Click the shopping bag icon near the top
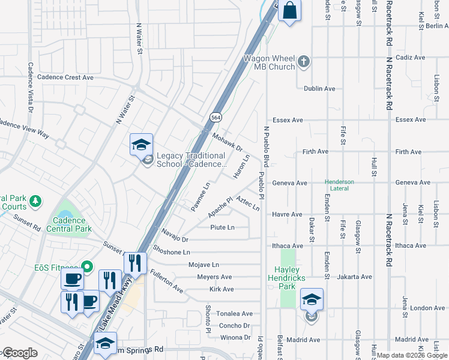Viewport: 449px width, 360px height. (x=289, y=11)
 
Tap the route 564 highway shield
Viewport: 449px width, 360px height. (x=214, y=116)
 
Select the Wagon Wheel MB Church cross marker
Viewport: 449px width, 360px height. (x=304, y=61)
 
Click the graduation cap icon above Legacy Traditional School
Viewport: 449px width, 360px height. (x=141, y=145)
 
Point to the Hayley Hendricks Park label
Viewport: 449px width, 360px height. (x=289, y=278)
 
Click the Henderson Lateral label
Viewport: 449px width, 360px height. (x=339, y=185)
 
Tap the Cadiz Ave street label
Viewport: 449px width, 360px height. (x=411, y=58)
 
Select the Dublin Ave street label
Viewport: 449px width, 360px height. (x=319, y=89)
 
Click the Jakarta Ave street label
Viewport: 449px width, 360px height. (x=355, y=277)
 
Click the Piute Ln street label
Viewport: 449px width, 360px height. (x=222, y=227)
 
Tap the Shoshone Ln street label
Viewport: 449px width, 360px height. (x=172, y=252)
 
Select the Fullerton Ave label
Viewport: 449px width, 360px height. (x=167, y=280)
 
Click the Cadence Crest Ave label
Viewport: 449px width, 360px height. (x=65, y=77)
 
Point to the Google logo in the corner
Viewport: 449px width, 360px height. (x=19, y=353)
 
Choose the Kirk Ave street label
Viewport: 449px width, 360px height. (x=221, y=289)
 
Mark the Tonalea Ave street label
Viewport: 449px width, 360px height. (x=235, y=314)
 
